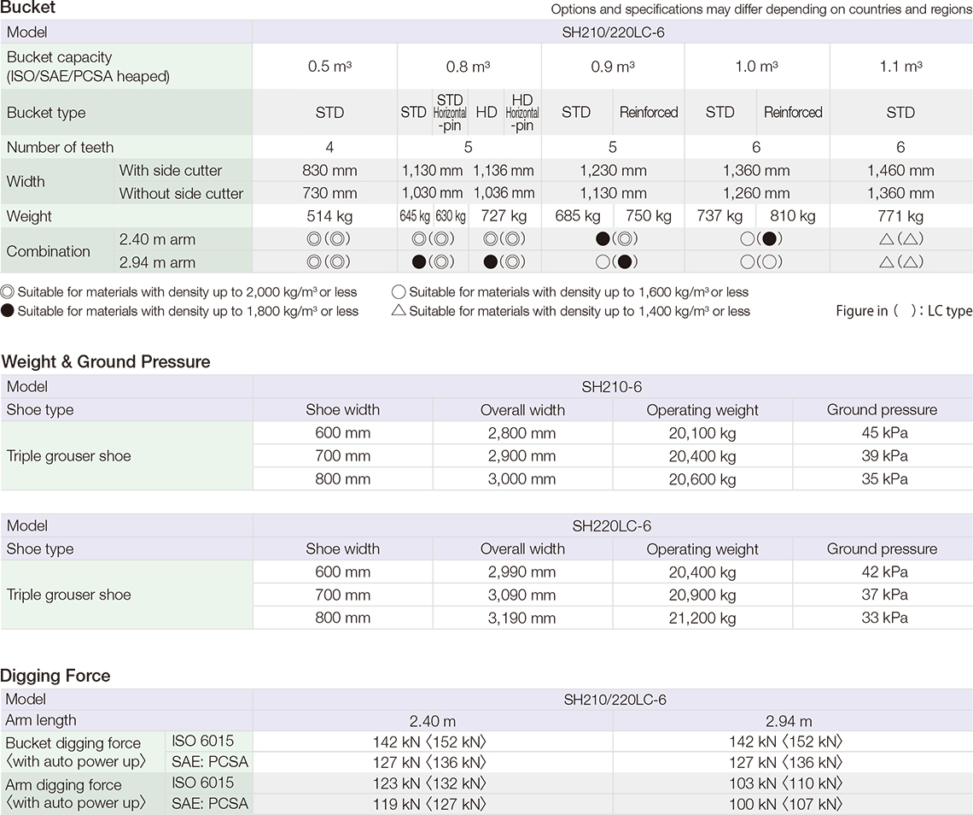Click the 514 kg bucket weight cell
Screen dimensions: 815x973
click(324, 216)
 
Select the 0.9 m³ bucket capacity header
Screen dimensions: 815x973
click(613, 67)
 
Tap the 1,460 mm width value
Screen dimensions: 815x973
click(900, 171)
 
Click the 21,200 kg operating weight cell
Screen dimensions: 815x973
click(702, 618)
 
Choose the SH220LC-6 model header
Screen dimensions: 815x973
click(613, 526)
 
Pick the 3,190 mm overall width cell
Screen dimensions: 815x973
click(521, 618)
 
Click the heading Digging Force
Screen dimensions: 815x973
click(55, 676)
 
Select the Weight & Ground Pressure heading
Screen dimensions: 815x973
click(106, 362)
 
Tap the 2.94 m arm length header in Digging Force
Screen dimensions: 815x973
click(789, 721)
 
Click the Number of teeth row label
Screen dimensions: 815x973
click(61, 148)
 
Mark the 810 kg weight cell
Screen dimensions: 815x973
click(792, 216)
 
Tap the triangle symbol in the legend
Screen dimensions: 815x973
click(398, 311)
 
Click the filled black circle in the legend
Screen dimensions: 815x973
click(8, 311)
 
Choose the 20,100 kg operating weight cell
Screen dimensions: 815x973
click(702, 433)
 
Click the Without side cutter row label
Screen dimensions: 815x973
click(181, 194)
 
